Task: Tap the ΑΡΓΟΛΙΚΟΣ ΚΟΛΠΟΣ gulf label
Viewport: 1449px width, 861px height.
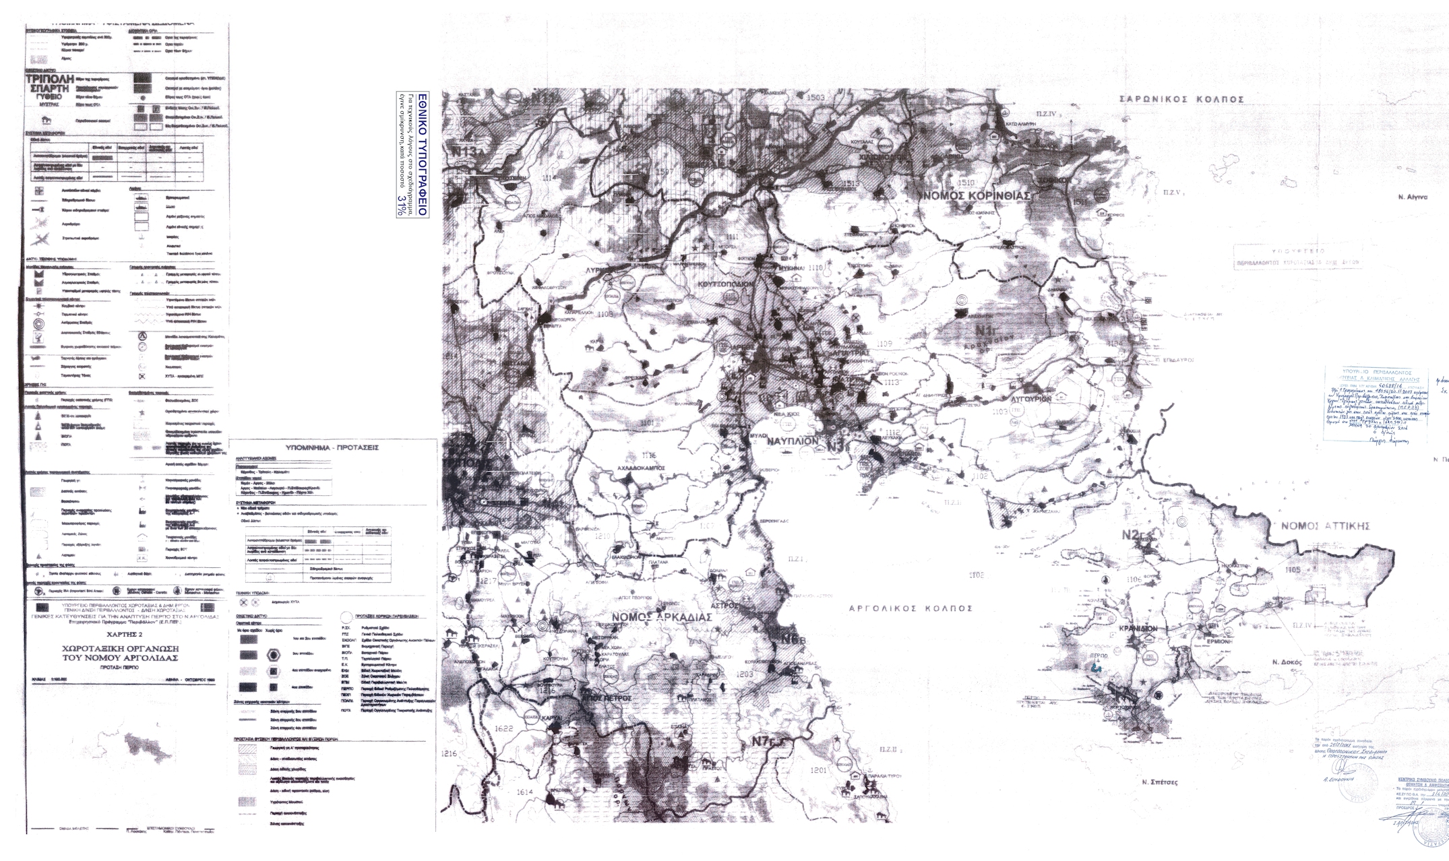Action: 910,608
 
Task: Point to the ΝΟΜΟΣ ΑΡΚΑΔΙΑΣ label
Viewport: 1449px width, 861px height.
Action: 661,617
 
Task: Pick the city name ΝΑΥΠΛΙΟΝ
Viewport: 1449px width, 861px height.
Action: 792,440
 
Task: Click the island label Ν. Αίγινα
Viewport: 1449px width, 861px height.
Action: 1413,197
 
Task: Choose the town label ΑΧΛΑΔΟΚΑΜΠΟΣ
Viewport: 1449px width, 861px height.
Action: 641,468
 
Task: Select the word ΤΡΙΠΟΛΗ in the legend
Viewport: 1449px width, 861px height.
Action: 48,79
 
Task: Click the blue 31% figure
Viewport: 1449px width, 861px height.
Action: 402,205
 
